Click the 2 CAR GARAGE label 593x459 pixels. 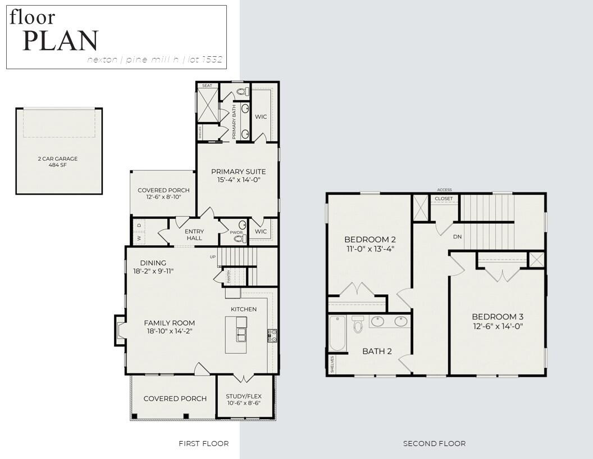tap(58, 159)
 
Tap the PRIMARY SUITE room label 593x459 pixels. tap(238, 172)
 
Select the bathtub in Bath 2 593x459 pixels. tap(337, 333)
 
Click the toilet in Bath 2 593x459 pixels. tap(358, 325)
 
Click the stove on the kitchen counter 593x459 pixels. tap(272, 336)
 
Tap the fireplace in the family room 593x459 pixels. tap(119, 330)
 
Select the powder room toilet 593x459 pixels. tap(240, 238)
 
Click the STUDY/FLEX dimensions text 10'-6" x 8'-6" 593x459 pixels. tap(243, 403)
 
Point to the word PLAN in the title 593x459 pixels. tap(60, 41)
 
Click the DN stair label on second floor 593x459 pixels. tap(457, 237)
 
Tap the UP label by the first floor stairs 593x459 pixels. tap(213, 257)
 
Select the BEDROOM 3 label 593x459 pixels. tap(498, 317)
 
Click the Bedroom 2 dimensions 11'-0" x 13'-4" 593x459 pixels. tap(370, 249)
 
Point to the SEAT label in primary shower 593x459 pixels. tap(207, 85)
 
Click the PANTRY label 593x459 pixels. tap(229, 276)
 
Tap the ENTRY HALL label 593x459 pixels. tap(194, 235)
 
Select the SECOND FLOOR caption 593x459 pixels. tap(434, 444)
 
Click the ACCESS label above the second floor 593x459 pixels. tap(444, 190)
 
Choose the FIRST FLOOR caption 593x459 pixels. tap(203, 444)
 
